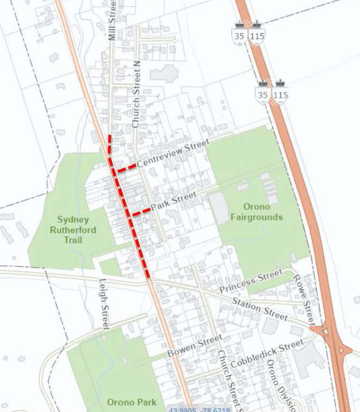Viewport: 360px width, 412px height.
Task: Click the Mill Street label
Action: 112,20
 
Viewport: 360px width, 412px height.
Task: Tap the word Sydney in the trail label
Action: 74,220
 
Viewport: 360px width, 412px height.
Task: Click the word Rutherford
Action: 74,230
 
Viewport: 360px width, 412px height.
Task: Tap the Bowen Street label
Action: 194,346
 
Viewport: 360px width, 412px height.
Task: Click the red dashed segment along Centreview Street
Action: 126,168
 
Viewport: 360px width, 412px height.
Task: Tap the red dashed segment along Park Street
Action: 140,212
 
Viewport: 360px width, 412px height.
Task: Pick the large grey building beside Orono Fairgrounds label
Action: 219,208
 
